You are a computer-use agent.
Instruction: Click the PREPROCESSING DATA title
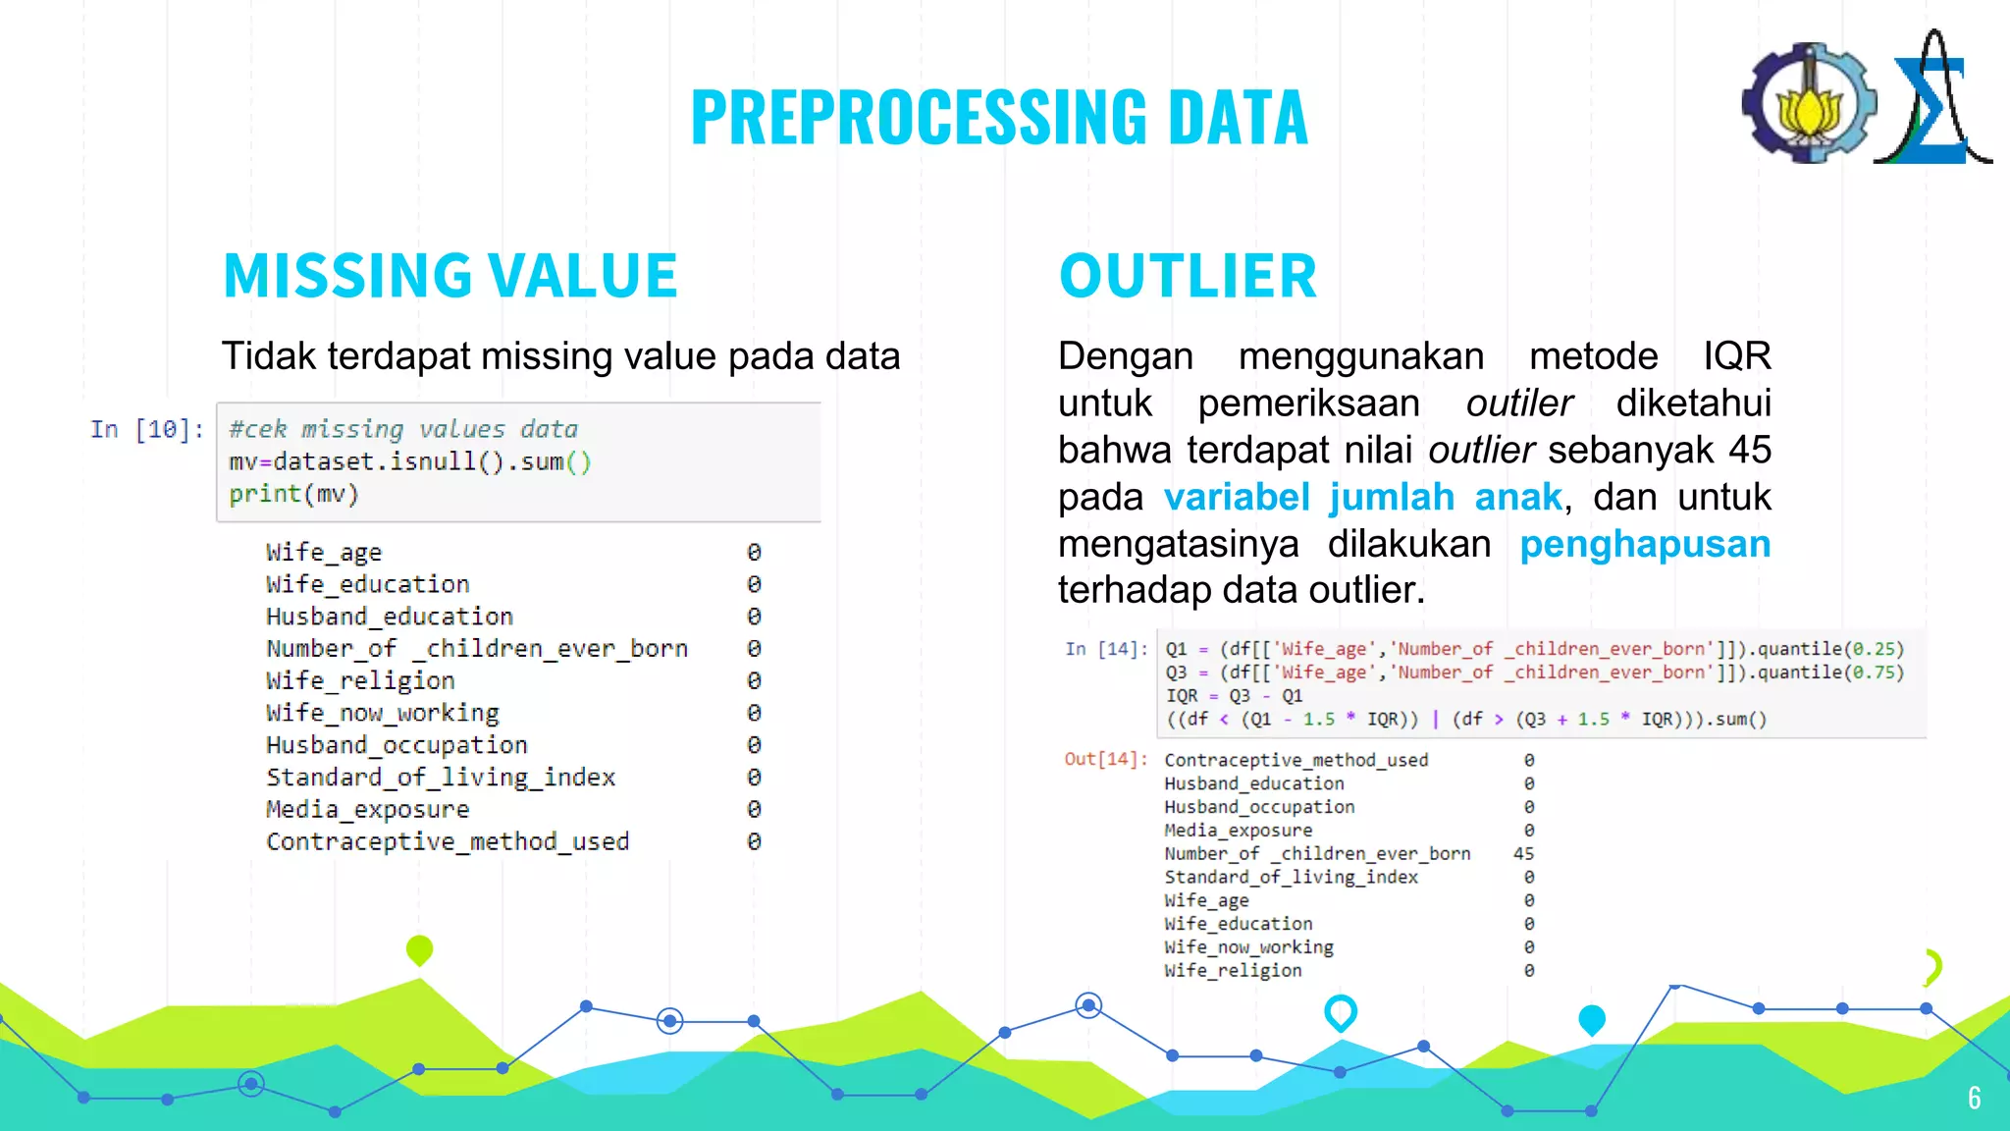pos(999,117)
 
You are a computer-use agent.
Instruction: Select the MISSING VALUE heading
pos(450,275)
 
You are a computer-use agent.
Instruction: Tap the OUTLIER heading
pos(1188,275)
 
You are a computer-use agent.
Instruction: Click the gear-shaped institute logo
pos(1809,103)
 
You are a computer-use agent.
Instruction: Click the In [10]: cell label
pos(147,430)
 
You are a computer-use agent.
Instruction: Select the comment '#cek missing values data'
pos(403,429)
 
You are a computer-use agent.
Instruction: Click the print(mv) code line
pos(294,494)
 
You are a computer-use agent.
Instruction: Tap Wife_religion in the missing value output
pos(360,680)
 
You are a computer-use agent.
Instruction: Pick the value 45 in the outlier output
pos(1523,853)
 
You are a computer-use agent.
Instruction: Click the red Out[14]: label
pos(1106,759)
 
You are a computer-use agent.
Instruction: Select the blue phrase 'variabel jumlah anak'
pos(1362,497)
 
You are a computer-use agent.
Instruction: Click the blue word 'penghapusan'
pos(1645,544)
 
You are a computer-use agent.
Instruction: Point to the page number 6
pos(1974,1098)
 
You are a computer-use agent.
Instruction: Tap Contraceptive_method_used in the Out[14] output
pos(1296,760)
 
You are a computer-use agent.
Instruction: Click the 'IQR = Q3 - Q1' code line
pos(1234,695)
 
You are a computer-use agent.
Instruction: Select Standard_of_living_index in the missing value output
pos(441,778)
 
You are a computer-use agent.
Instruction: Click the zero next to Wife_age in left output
pos(754,552)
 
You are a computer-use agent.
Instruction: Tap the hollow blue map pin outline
pos(1340,1012)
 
